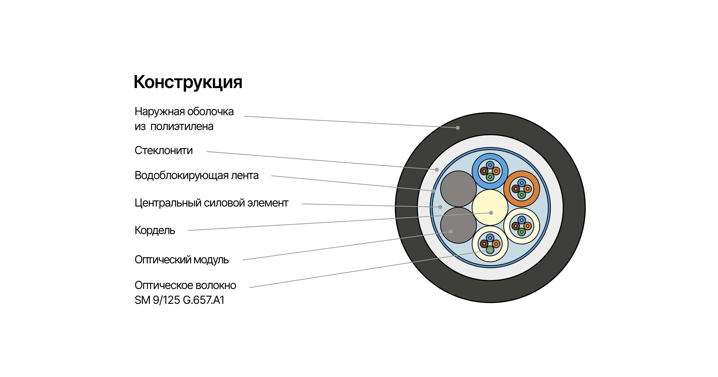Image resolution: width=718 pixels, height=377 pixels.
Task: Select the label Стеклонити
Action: coord(164,150)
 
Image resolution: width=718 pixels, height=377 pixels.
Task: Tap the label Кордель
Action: coord(155,230)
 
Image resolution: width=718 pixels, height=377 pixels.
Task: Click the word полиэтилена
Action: coord(182,127)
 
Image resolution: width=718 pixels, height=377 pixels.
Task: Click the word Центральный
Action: coord(168,203)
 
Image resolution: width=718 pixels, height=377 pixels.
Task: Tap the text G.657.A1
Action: coord(203,300)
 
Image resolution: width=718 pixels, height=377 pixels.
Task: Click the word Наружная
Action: coord(160,111)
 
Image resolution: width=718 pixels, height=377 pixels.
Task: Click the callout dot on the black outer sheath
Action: coord(458,128)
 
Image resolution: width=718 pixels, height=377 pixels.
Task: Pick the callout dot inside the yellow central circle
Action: coord(491,213)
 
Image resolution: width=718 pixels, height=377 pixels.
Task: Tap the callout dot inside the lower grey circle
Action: coord(451,232)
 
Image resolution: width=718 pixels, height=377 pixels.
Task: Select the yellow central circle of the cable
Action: coord(490,207)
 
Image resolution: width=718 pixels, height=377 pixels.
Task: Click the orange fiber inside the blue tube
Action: coord(496,171)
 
